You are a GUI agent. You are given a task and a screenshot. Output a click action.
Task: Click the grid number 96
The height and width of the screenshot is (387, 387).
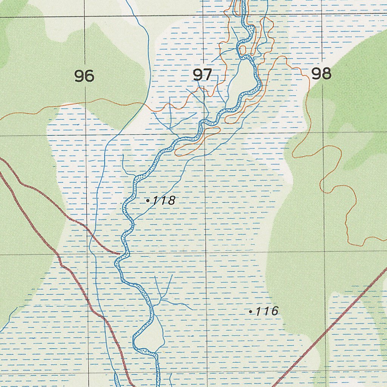(x=84, y=76)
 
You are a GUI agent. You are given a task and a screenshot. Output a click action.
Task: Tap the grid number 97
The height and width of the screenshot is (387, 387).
(x=203, y=75)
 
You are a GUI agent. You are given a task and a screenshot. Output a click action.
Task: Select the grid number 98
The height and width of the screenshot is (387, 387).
(x=321, y=74)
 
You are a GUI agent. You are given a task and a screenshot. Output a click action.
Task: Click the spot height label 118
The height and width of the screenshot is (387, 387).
(x=164, y=201)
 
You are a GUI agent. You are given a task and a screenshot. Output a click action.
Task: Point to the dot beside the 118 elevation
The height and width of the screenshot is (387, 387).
(x=148, y=201)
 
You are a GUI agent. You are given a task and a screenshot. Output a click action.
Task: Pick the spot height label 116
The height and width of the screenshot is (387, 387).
(x=267, y=311)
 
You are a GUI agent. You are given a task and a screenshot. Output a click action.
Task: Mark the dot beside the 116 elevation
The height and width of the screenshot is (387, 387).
(x=251, y=312)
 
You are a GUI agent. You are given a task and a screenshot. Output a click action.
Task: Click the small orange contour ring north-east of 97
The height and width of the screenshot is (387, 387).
(x=242, y=50)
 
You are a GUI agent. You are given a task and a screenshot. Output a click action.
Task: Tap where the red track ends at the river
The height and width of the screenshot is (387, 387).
(x=120, y=254)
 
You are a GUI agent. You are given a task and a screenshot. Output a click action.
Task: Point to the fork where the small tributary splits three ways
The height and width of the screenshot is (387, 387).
(x=162, y=299)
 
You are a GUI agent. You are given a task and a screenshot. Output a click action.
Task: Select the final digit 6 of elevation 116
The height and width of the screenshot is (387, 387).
(x=274, y=311)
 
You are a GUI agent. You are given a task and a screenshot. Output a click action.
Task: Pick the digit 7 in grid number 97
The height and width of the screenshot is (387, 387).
(x=207, y=75)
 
